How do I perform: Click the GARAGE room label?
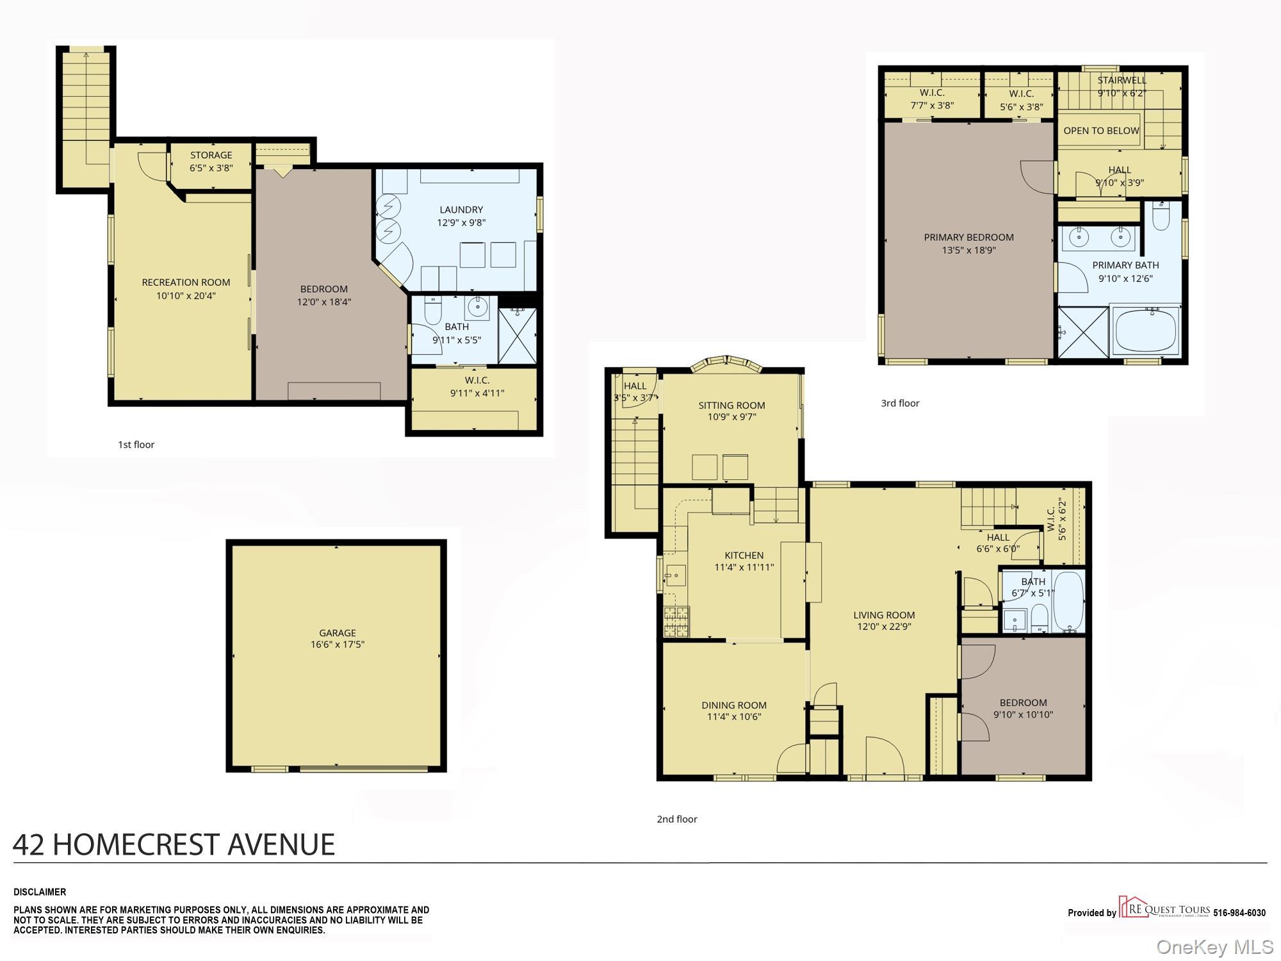pyautogui.click(x=338, y=632)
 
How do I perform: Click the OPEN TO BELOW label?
pyautogui.click(x=1101, y=131)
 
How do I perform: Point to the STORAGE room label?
pyautogui.click(x=211, y=155)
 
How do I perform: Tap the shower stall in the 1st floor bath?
pyautogui.click(x=518, y=336)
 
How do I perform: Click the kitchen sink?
pyautogui.click(x=674, y=575)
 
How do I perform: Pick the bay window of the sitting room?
pyautogui.click(x=727, y=364)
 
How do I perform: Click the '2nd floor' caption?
pyautogui.click(x=676, y=819)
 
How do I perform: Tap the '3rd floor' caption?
pyautogui.click(x=900, y=403)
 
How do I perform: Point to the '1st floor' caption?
pyautogui.click(x=136, y=445)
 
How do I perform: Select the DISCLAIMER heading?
pyautogui.click(x=40, y=892)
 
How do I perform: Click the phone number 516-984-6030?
pyautogui.click(x=1239, y=913)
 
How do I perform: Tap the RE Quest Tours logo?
pyautogui.click(x=1164, y=908)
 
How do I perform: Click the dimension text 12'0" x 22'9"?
pyautogui.click(x=884, y=627)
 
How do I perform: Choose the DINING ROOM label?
pyautogui.click(x=734, y=705)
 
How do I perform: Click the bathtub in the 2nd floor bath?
pyautogui.click(x=1068, y=601)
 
